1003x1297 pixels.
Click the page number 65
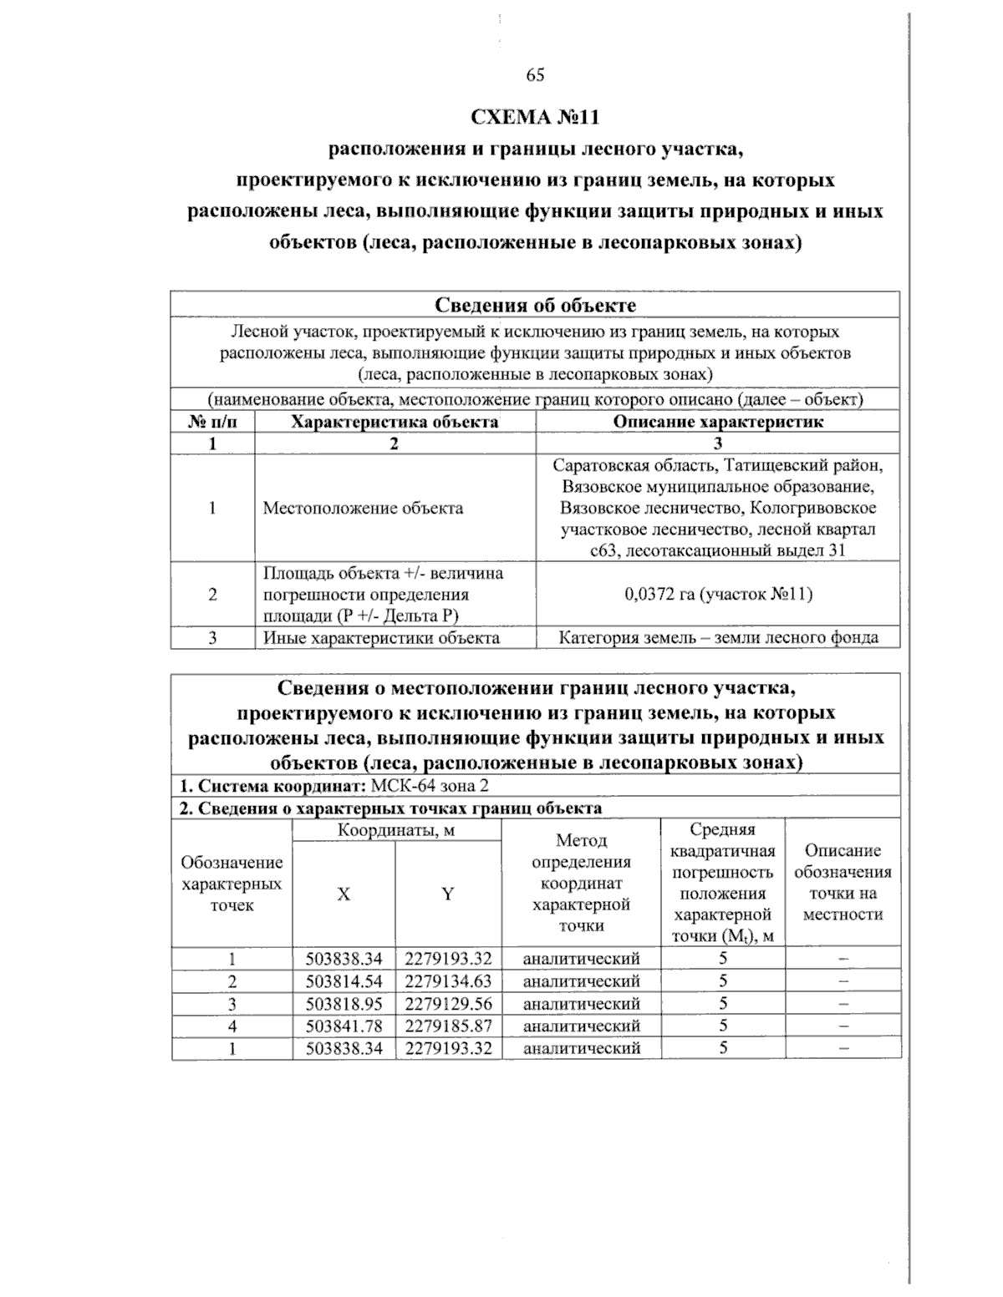[535, 75]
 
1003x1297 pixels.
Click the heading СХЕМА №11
[535, 118]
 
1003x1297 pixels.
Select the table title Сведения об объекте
[535, 305]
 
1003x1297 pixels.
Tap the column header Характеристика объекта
[395, 422]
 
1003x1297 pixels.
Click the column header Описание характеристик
[718, 422]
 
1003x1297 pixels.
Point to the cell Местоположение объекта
[363, 509]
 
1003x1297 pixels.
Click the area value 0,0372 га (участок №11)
[718, 594]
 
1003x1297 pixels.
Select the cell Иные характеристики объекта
[381, 638]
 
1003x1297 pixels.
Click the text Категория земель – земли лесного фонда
[718, 638]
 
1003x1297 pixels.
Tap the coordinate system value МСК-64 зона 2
[429, 786]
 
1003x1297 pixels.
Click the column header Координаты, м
[396, 831]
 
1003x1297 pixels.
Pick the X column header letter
[344, 894]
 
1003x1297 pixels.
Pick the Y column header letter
[448, 894]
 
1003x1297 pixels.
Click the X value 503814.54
[344, 981]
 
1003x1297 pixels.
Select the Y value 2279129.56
[449, 1004]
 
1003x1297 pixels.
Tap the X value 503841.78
[344, 1026]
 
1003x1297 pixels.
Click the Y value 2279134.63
[449, 981]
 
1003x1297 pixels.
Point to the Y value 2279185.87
[449, 1026]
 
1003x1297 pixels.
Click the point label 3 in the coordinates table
[232, 1004]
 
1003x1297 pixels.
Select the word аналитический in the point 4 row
[581, 1026]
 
